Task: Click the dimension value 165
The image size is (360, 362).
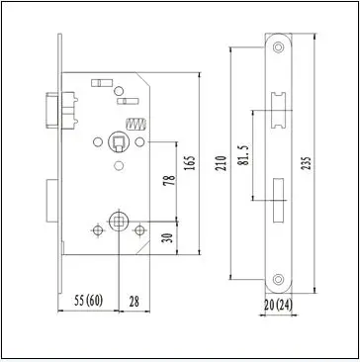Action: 190,162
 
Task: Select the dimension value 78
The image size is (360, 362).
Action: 169,180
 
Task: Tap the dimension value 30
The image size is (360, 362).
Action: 168,238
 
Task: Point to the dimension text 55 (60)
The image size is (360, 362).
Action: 88,301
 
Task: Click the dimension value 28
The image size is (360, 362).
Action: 134,302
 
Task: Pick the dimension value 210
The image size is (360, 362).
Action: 222,163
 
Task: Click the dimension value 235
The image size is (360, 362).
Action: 307,164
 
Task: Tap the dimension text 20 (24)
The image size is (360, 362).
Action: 278,306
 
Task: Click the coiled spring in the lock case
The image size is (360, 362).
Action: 135,124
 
